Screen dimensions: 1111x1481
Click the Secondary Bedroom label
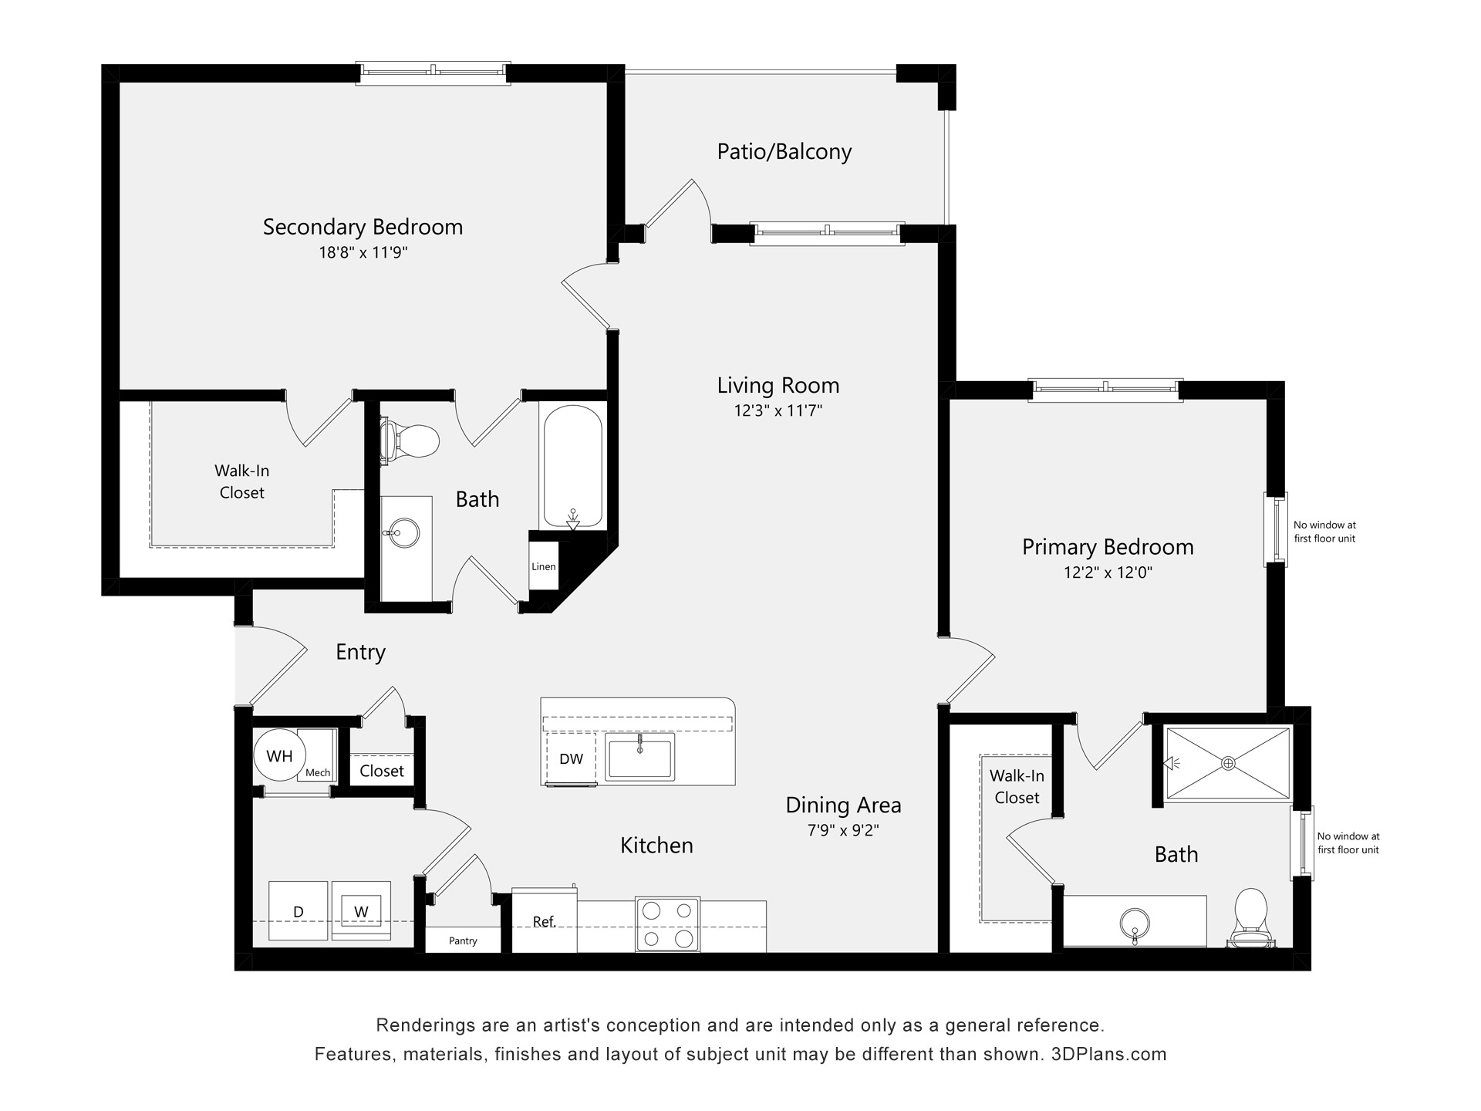363,227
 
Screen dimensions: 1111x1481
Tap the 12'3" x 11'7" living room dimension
778,410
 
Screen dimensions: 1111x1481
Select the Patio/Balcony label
784,151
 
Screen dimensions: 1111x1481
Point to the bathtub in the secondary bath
572,467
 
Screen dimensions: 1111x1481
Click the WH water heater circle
279,756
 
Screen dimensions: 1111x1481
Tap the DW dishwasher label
571,759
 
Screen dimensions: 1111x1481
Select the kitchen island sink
639,756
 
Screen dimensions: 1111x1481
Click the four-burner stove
667,924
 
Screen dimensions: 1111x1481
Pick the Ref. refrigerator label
544,922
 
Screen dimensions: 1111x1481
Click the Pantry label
463,940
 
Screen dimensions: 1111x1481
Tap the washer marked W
361,911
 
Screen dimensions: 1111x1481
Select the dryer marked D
299,912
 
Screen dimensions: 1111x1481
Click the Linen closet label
543,566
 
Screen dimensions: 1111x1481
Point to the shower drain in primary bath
1228,763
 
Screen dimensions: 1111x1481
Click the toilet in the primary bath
1250,918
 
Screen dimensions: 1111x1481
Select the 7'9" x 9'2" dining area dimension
843,830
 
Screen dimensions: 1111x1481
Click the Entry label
360,652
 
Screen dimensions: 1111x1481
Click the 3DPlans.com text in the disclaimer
1108,1054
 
